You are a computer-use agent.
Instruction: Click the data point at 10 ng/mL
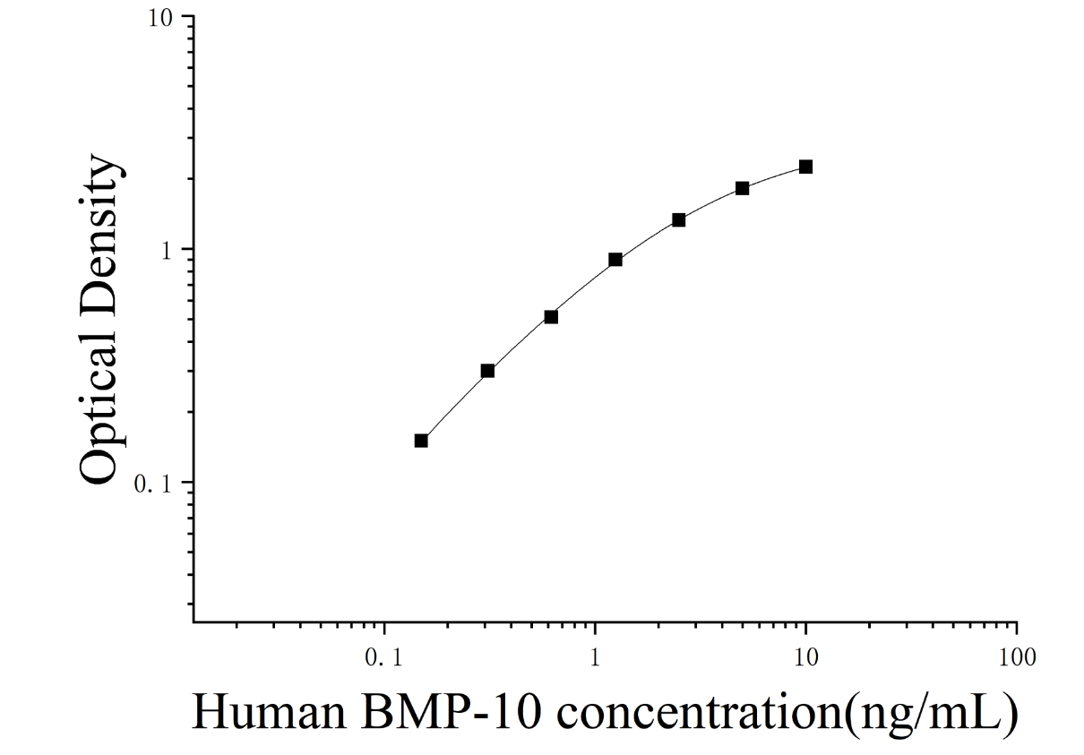(805, 167)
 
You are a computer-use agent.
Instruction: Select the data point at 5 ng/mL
(743, 188)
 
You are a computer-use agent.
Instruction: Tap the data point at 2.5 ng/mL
(679, 220)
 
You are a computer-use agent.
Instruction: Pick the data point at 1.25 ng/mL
(615, 260)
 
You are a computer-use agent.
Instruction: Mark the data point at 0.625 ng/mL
(551, 317)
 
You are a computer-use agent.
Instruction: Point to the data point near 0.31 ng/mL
(487, 371)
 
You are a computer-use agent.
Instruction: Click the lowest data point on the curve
(421, 441)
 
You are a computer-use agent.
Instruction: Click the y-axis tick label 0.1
(153, 484)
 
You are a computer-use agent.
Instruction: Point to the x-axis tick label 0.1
(383, 657)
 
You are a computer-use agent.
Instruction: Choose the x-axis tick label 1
(595, 657)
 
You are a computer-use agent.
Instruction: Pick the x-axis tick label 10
(805, 657)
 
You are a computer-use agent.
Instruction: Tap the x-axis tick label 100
(1017, 657)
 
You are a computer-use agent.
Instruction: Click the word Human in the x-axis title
(269, 713)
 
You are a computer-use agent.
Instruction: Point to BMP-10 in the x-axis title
(451, 713)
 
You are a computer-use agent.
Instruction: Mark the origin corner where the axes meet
(194, 622)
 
